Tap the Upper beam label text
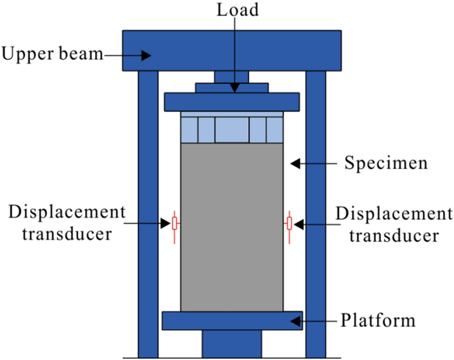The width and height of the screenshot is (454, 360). click(x=52, y=54)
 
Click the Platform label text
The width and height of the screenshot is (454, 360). click(x=378, y=321)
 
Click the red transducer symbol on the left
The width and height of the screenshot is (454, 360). click(x=175, y=223)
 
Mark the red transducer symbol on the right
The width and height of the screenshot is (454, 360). click(x=289, y=223)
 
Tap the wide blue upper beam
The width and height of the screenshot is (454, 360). click(x=231, y=50)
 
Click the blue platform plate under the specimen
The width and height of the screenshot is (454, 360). click(x=232, y=321)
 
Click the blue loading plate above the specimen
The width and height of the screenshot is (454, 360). click(x=231, y=102)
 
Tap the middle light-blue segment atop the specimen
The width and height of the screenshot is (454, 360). click(x=232, y=130)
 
